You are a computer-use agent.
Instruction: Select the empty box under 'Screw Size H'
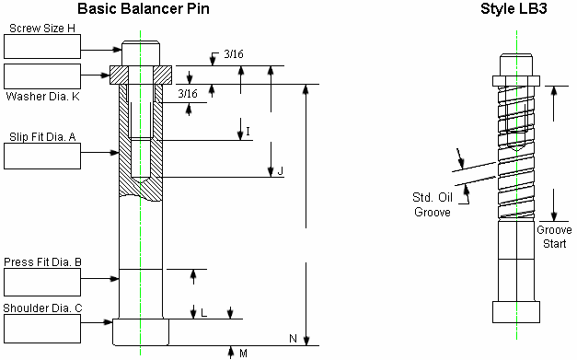point(42,47)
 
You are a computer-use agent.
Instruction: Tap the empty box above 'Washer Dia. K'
point(42,75)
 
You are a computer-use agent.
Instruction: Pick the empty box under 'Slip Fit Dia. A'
point(42,156)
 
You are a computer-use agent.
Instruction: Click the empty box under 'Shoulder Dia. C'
point(42,327)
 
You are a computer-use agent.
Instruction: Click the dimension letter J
point(280,170)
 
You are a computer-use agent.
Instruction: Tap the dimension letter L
point(203,313)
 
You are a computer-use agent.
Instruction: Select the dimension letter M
point(243,353)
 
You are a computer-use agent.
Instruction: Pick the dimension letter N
point(293,339)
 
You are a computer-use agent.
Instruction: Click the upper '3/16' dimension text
point(234,53)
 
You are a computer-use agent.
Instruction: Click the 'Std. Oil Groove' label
point(431,203)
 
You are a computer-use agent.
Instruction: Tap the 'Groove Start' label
point(554,236)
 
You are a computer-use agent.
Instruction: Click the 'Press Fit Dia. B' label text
point(42,262)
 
